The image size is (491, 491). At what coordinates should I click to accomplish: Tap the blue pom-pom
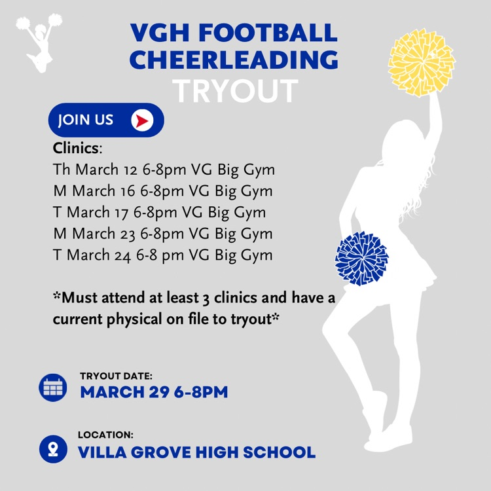[x=361, y=257]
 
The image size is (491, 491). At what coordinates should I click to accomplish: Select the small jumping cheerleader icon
[x=39, y=41]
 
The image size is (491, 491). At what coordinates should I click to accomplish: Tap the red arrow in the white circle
[x=141, y=120]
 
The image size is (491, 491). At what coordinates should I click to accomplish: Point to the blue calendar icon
[x=53, y=387]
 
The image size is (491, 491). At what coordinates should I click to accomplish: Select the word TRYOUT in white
[x=236, y=92]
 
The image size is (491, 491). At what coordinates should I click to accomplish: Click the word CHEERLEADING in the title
[x=233, y=60]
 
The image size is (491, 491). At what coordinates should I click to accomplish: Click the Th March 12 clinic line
[x=164, y=170]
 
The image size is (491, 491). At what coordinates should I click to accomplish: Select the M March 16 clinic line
[x=162, y=191]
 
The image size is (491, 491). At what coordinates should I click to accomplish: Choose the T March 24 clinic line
[x=162, y=255]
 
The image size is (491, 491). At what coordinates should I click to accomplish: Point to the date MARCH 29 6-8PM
[x=154, y=392]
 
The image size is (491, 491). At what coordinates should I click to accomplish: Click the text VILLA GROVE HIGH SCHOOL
[x=196, y=452]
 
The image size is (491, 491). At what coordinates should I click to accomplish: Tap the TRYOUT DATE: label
[x=116, y=376]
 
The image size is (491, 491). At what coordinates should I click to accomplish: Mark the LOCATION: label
[x=105, y=435]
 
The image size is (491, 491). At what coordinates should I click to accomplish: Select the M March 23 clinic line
[x=162, y=234]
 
